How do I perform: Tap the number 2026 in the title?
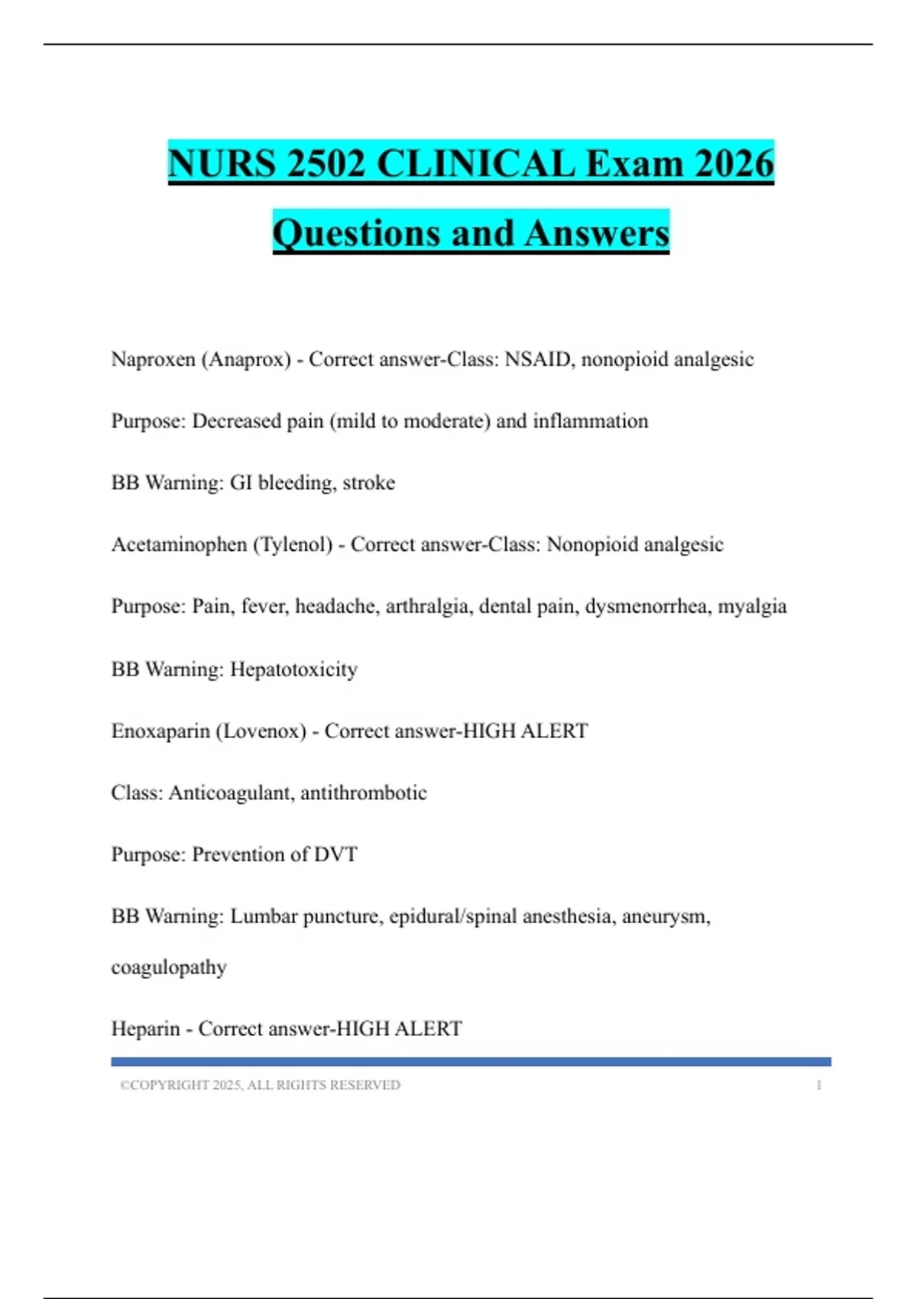click(734, 164)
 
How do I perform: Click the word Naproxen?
click(153, 359)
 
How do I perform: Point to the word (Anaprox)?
click(246, 359)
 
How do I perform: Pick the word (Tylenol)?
click(293, 545)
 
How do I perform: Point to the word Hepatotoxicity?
click(293, 669)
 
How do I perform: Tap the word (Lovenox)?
click(261, 731)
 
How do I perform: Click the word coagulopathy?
click(169, 967)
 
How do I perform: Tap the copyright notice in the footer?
click(260, 1085)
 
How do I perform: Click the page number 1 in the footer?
click(818, 1085)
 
